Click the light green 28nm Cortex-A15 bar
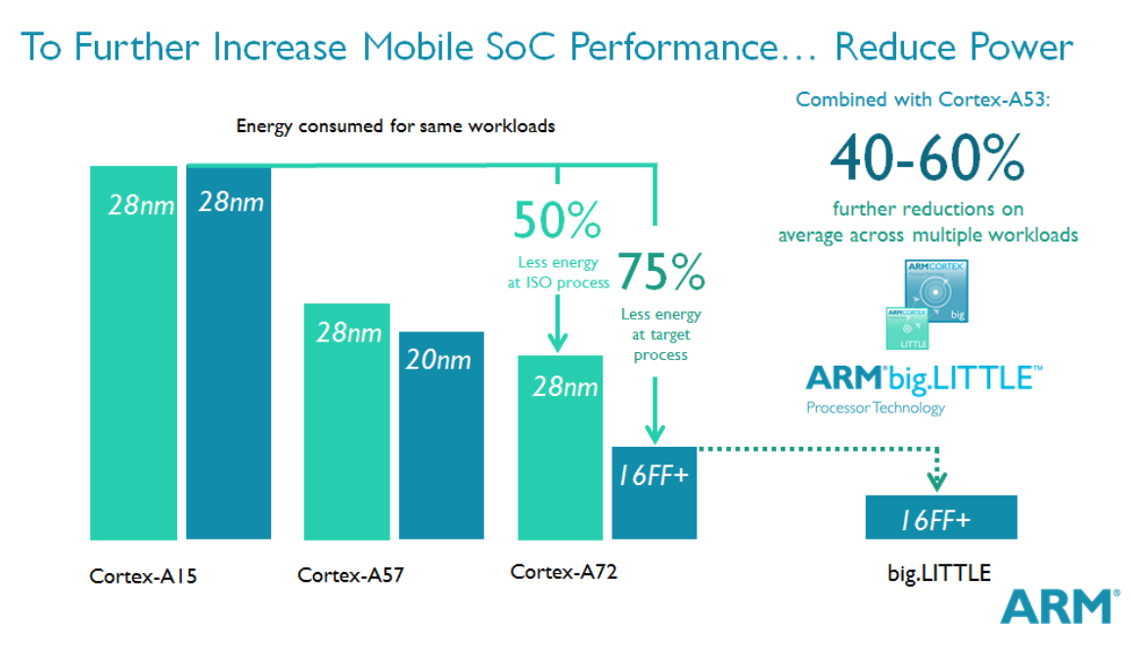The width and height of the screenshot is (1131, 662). [133, 352]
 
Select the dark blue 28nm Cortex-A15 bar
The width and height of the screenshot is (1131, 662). [228, 352]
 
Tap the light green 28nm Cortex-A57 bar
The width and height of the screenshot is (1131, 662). [346, 421]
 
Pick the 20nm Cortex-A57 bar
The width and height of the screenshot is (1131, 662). [441, 435]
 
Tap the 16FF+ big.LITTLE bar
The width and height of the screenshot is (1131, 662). [941, 517]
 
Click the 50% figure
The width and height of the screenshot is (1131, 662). [557, 223]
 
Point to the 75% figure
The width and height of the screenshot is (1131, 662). [660, 275]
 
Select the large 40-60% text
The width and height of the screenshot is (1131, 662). [927, 158]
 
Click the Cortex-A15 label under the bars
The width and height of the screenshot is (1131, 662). [143, 576]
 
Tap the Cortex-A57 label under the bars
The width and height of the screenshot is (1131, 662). [350, 576]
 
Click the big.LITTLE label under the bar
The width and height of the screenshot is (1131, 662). [937, 573]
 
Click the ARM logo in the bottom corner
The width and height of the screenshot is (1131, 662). [1059, 606]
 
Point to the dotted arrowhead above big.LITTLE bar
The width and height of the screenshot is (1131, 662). [938, 480]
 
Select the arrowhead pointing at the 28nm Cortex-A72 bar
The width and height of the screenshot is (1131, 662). [557, 342]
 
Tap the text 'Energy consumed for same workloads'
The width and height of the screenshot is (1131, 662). [395, 126]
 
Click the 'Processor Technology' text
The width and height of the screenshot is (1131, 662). [876, 408]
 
